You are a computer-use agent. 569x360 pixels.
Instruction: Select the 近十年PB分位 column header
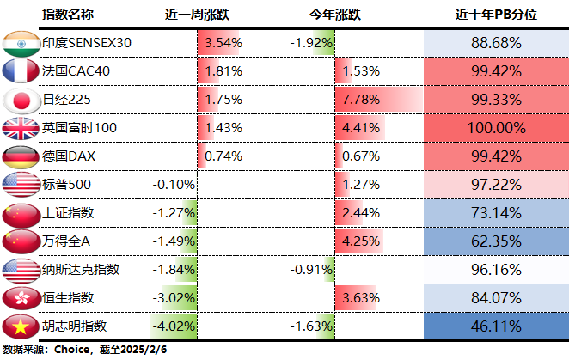(497, 15)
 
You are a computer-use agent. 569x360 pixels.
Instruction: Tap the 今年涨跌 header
(335, 15)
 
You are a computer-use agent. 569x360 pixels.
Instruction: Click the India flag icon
(20, 42)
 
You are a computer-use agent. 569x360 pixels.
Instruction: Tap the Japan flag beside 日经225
(20, 99)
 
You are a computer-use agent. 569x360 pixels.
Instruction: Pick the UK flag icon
(20, 128)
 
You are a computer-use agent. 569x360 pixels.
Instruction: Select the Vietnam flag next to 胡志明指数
(20, 326)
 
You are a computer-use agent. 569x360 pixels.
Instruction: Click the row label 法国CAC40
(76, 70)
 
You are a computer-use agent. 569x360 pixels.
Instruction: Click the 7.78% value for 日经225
(360, 99)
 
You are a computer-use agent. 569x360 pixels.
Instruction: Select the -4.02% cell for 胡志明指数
(173, 326)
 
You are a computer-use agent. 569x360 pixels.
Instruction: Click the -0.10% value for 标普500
(173, 184)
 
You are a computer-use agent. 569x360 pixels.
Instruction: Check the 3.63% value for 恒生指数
(360, 298)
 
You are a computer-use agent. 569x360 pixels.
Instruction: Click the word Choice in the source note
(72, 350)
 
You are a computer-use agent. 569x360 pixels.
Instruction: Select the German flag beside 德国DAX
(20, 156)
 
